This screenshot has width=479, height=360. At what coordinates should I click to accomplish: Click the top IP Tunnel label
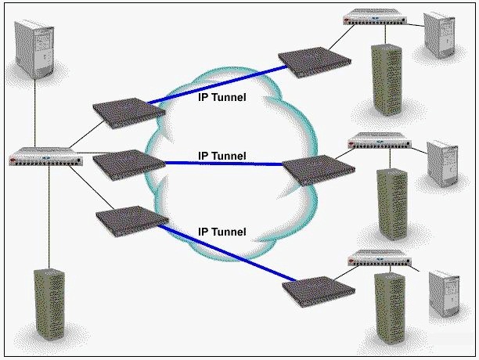tap(221, 97)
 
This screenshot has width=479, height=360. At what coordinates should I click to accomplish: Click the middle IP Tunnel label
tap(221, 156)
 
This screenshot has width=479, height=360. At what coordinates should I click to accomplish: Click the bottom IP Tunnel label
tap(221, 232)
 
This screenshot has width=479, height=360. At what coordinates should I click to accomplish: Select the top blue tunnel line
tap(218, 85)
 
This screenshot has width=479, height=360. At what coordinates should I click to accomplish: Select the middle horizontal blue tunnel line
tap(223, 164)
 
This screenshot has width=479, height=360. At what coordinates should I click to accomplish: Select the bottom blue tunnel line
tap(227, 253)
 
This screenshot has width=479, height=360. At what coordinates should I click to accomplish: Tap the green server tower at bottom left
tap(49, 304)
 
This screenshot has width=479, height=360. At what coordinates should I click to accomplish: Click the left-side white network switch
tap(46, 157)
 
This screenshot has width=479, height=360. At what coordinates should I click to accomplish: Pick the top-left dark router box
tap(129, 113)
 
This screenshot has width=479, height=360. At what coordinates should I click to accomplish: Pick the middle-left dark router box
tap(129, 165)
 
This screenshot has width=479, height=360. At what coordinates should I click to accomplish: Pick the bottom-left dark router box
tap(132, 221)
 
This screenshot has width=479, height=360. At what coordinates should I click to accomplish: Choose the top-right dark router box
tap(315, 63)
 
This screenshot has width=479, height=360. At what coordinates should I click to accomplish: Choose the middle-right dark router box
tap(319, 171)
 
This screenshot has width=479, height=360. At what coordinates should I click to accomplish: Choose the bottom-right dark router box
tap(319, 292)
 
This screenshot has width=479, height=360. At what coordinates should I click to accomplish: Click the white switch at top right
tap(375, 16)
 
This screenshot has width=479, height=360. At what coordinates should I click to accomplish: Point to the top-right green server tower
tap(386, 80)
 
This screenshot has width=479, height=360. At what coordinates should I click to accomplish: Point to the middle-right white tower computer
tap(442, 164)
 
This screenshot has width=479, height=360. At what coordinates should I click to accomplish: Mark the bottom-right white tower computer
tap(445, 293)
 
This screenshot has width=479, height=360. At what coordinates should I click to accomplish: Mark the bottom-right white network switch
tap(380, 258)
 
